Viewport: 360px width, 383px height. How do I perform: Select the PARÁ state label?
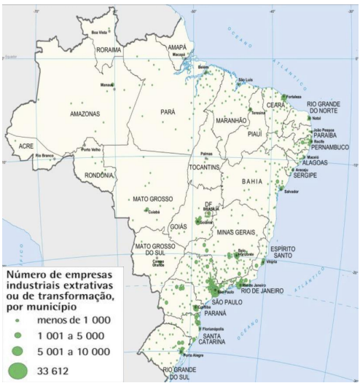168,112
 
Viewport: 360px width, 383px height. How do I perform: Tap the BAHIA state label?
256,178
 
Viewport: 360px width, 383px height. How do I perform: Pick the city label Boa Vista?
98,33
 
